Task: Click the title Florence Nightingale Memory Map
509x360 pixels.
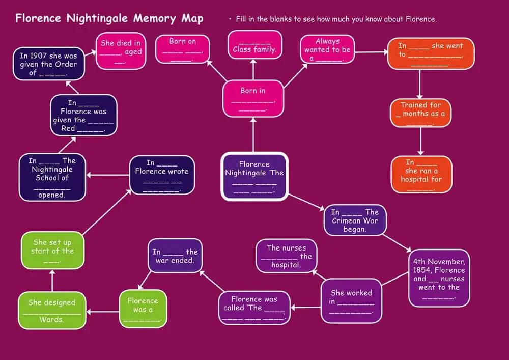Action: click(x=109, y=19)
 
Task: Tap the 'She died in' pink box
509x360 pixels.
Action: click(x=121, y=51)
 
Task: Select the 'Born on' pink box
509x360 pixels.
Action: click(x=182, y=49)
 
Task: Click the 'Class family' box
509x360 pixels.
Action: click(x=254, y=45)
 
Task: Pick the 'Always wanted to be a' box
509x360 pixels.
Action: click(x=327, y=50)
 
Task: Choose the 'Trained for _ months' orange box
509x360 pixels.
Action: click(x=420, y=114)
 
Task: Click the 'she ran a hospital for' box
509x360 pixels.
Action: click(x=421, y=175)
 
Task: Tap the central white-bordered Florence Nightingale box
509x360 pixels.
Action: click(x=254, y=177)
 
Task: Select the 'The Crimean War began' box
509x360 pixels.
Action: click(x=355, y=220)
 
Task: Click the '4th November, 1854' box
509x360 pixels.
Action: click(x=438, y=278)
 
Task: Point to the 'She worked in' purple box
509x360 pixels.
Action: click(x=351, y=301)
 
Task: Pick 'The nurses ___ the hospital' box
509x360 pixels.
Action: click(x=286, y=256)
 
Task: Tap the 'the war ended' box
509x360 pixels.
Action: click(x=175, y=256)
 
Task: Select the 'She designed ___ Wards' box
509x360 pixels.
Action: click(x=51, y=311)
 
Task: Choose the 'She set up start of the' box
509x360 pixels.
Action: click(x=53, y=251)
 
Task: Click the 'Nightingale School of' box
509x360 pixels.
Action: click(x=52, y=178)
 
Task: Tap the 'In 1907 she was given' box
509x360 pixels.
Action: click(x=48, y=64)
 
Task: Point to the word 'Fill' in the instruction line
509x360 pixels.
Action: click(x=242, y=19)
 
